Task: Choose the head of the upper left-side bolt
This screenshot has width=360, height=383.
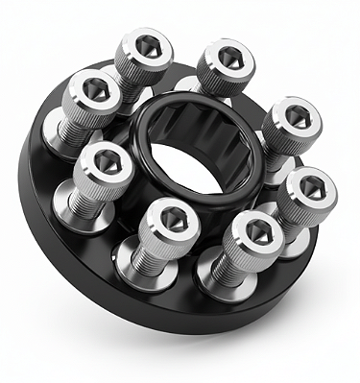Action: (94, 92)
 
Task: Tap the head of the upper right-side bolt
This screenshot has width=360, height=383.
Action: (290, 119)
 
